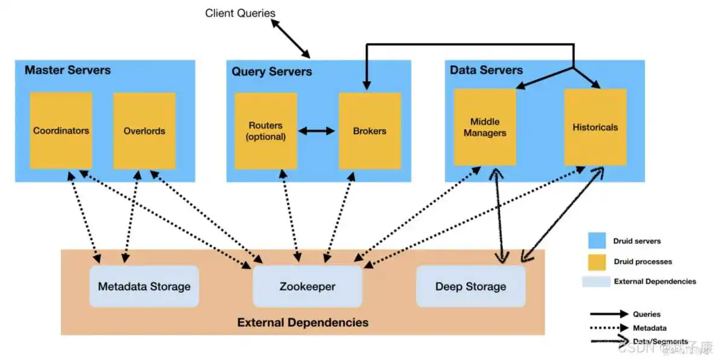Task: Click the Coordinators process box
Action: point(61,130)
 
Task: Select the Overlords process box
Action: point(144,130)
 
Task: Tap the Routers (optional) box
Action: point(266,130)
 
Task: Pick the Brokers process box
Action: point(370,130)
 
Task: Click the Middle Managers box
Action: point(485,127)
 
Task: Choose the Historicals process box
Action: point(595,127)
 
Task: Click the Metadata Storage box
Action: point(144,286)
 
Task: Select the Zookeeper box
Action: point(307,286)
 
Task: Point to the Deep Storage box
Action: point(470,286)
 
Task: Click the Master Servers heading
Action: point(68,70)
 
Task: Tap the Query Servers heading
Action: point(272,72)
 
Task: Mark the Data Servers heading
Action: point(486,70)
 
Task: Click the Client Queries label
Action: point(240,13)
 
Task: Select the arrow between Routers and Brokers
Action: point(317,130)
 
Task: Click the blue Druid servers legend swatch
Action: point(597,240)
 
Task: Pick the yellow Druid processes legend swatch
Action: point(597,261)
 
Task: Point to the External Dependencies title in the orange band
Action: point(303,322)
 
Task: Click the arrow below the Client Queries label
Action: point(290,38)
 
